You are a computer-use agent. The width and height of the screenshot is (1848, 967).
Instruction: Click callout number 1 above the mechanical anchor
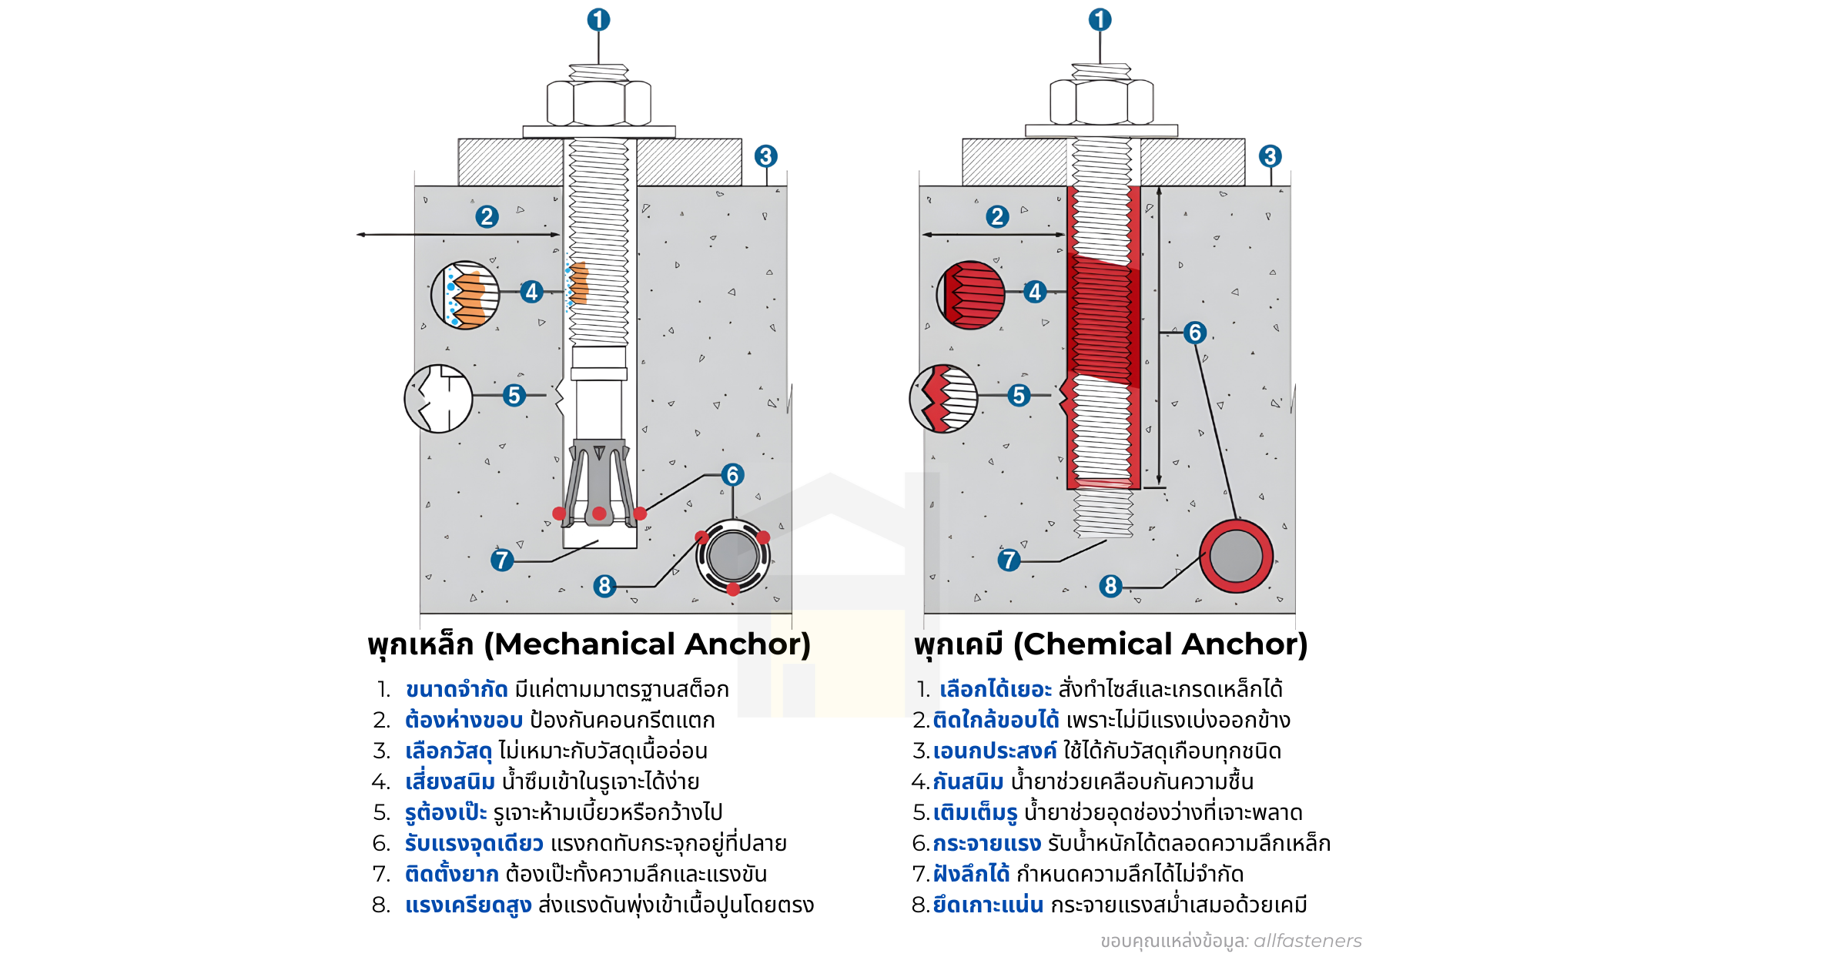(x=598, y=20)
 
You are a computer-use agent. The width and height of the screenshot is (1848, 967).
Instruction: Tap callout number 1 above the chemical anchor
(x=1100, y=20)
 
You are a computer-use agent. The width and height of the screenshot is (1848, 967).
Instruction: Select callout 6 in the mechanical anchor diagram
(x=732, y=475)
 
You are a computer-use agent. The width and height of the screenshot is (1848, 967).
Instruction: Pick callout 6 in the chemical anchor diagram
(x=1194, y=333)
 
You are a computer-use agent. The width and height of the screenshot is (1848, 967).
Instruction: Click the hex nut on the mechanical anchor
(x=599, y=103)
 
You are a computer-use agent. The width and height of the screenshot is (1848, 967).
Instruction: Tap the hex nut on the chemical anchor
(x=1102, y=102)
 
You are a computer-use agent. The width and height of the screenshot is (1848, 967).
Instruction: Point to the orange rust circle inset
(x=465, y=295)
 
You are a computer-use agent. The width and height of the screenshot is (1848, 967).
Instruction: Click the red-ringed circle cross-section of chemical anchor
(x=1236, y=556)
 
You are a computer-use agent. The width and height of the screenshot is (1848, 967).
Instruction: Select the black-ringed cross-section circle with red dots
(x=733, y=556)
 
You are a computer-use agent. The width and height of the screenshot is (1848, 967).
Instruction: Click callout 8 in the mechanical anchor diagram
(x=604, y=586)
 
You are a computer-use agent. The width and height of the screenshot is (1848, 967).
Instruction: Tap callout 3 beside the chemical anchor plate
(x=1270, y=156)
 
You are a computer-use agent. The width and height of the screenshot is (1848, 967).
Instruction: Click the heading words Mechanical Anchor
(x=651, y=644)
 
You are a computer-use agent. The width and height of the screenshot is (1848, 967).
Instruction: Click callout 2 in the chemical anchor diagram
(x=997, y=216)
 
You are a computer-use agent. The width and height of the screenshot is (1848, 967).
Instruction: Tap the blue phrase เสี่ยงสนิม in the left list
(x=450, y=781)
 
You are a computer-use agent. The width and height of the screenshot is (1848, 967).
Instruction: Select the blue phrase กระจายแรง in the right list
(x=986, y=843)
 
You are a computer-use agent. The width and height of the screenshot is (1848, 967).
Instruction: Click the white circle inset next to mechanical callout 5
(x=438, y=399)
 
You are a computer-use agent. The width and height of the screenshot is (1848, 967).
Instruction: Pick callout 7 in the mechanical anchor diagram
(x=501, y=560)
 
